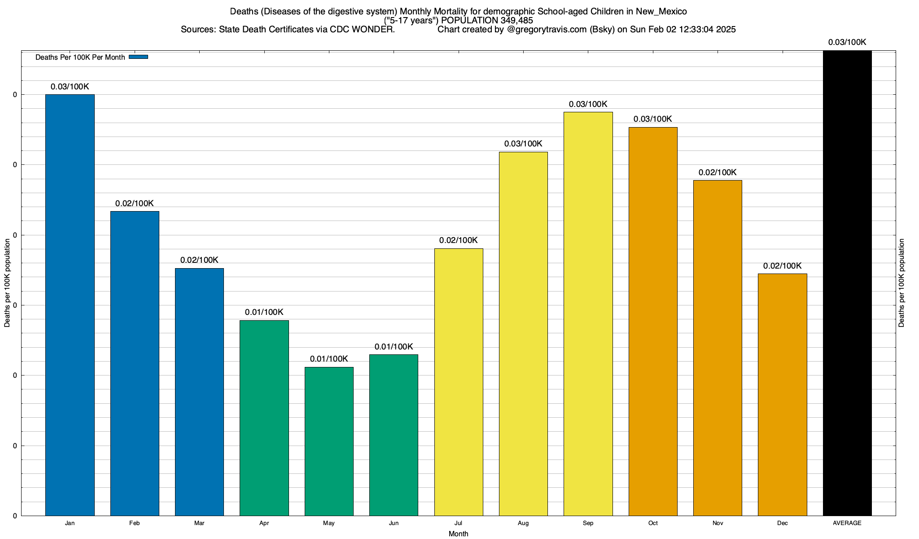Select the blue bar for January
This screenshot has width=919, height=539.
[70, 305]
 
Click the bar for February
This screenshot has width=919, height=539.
[135, 363]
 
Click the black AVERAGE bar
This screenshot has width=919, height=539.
[847, 283]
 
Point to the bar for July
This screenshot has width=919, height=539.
[459, 382]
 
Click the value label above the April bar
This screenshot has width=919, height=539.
[264, 312]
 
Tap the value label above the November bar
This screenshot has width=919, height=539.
[718, 172]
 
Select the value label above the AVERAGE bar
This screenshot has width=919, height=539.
[847, 42]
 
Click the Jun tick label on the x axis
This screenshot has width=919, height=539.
[394, 523]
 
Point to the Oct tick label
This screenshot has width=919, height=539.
[653, 523]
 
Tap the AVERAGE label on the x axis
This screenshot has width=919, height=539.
[847, 523]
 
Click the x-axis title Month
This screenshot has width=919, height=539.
[458, 534]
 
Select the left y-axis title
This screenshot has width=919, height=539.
[7, 283]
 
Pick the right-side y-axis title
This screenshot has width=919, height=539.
[901, 283]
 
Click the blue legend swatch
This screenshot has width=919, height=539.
[138, 57]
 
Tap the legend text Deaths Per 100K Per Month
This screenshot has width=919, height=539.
[80, 57]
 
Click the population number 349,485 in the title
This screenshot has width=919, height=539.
[516, 20]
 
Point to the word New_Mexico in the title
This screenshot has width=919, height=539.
[661, 11]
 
